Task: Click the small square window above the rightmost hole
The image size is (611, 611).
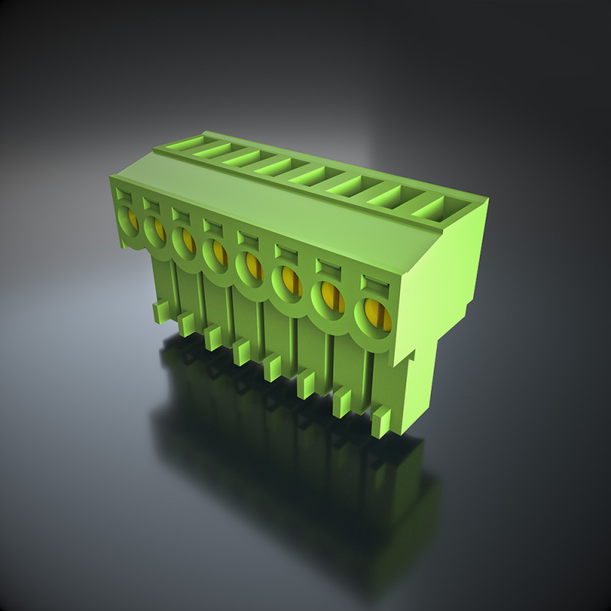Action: point(374,283)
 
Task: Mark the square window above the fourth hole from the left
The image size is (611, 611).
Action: point(211,225)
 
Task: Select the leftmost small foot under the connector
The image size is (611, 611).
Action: point(160,311)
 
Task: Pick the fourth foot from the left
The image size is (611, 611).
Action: point(242,352)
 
